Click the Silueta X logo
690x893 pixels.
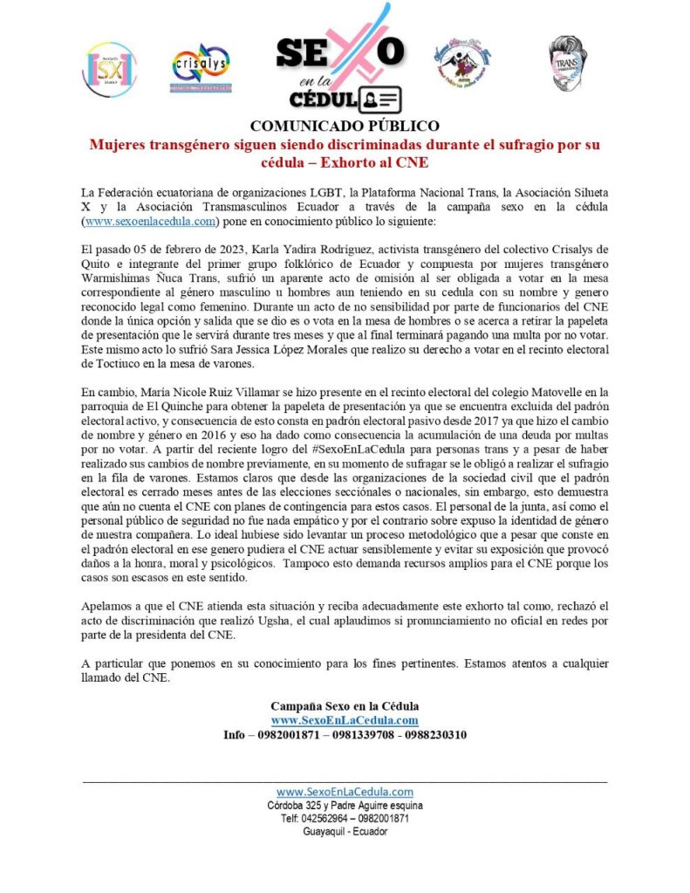click(108, 69)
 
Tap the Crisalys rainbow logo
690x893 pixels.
click(201, 67)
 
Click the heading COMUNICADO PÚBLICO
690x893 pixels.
click(345, 126)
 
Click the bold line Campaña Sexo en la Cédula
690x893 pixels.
click(345, 705)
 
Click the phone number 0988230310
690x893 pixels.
click(434, 735)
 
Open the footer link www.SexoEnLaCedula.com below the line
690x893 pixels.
click(345, 791)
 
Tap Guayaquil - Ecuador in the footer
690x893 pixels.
click(345, 831)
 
